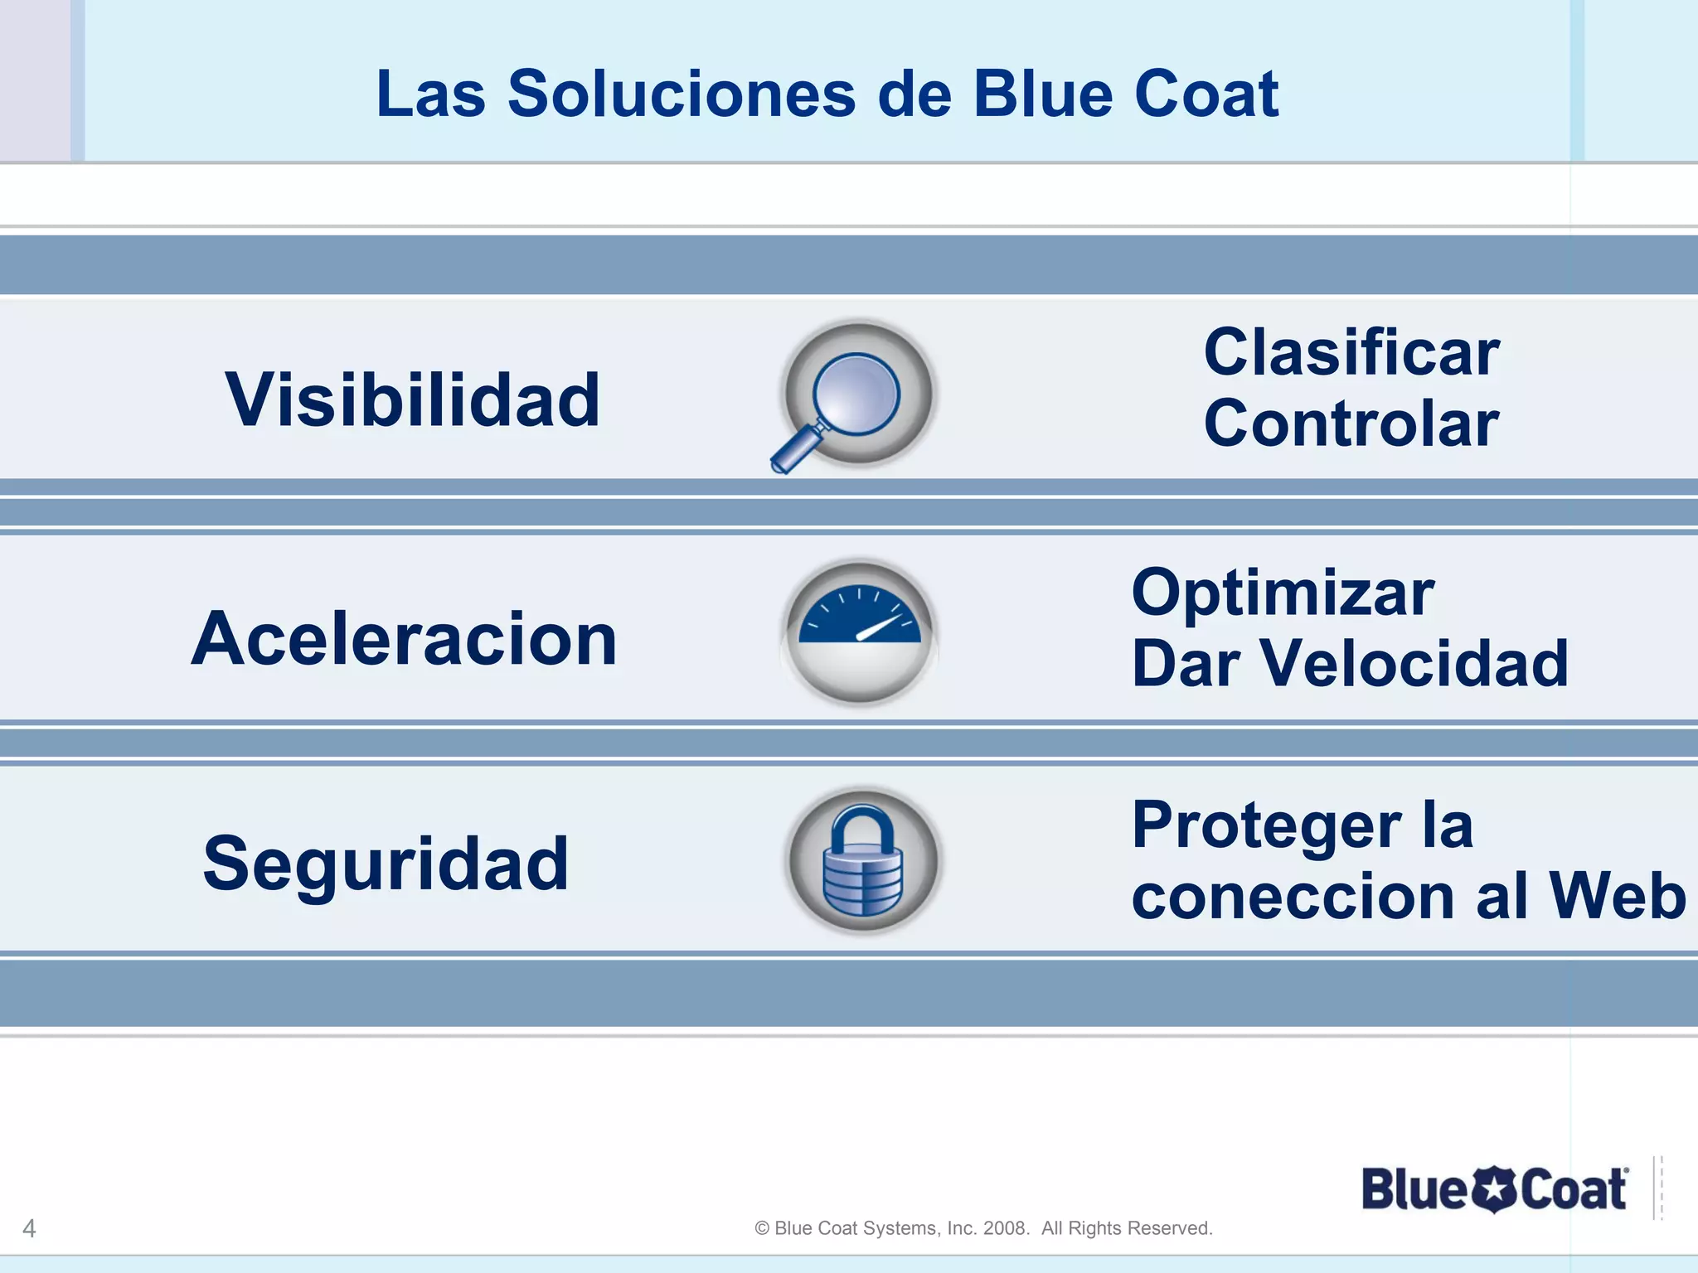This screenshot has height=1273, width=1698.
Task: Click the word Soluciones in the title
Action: [x=681, y=94]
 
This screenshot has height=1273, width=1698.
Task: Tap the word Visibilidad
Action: [x=412, y=400]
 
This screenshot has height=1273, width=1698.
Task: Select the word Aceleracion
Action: [x=405, y=639]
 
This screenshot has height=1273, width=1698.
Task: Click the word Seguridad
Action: [x=386, y=864]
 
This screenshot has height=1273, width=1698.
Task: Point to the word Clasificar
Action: [x=1351, y=353]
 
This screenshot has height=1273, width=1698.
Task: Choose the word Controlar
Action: [x=1351, y=424]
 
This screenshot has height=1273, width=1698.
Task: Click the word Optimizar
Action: [x=1283, y=593]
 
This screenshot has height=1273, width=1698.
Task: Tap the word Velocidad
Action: [x=1414, y=664]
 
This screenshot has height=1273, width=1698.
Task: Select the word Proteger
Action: [x=1267, y=825]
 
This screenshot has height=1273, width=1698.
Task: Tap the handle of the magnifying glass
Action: [x=794, y=449]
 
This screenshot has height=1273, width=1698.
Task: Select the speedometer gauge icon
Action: [x=860, y=632]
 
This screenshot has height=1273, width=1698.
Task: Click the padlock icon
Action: [x=862, y=862]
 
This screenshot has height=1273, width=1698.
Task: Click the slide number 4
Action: [x=29, y=1228]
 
